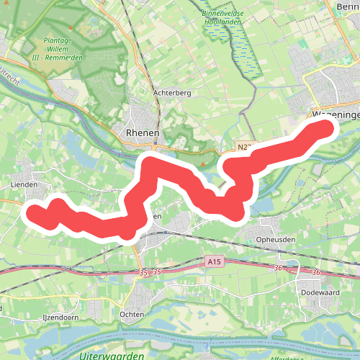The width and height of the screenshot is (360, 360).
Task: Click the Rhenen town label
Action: tap(141, 132)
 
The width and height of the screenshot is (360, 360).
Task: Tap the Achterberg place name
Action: tap(171, 93)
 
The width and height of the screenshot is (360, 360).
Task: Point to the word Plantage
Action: tap(63, 41)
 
